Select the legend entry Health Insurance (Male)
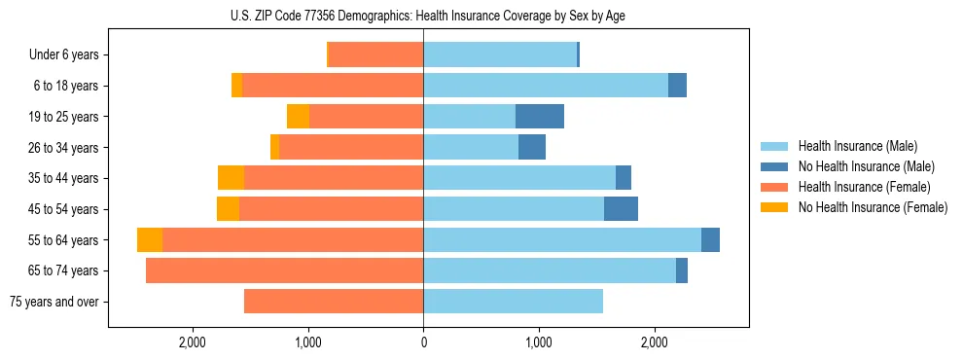857,146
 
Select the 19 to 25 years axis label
63,117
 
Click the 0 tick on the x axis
423,342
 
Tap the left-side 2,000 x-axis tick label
193,342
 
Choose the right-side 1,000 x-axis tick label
539,342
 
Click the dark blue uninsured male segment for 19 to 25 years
540,117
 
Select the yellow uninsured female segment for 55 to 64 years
150,239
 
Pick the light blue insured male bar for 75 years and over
513,302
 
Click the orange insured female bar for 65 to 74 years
284,270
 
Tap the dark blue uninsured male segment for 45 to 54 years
621,209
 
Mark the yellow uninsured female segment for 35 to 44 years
231,178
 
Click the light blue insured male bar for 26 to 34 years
471,148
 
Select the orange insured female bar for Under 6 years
375,55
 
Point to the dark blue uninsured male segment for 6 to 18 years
677,86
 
